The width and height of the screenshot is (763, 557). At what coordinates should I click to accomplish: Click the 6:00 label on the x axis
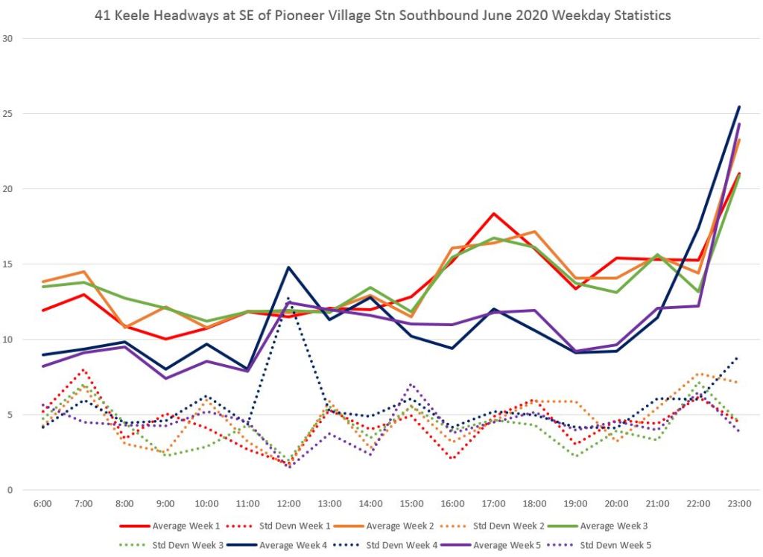42,504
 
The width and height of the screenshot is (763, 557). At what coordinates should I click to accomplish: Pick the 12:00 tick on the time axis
289,504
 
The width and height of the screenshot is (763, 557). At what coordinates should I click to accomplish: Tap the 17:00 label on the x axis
494,504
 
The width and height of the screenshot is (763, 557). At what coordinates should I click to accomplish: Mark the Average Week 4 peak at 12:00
288,267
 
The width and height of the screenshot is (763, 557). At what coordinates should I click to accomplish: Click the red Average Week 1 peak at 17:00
493,214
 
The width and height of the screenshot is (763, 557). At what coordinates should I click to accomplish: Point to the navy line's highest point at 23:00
739,106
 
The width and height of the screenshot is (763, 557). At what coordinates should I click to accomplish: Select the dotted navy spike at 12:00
288,299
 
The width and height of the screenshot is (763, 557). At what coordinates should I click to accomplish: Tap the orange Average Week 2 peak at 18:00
534,232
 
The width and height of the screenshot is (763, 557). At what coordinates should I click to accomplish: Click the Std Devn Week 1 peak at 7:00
83,369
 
